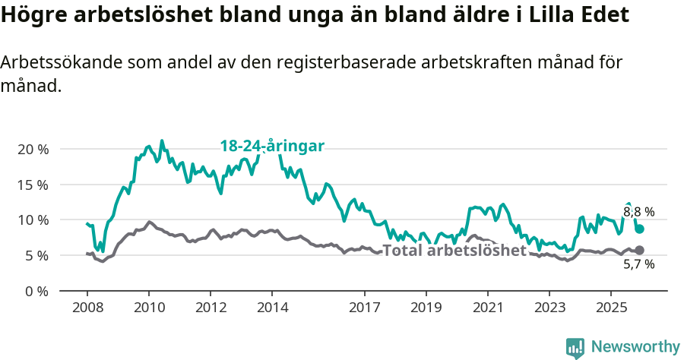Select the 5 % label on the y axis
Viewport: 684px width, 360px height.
(x=36, y=256)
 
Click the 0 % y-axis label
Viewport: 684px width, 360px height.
(x=36, y=291)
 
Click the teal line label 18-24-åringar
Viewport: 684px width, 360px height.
(x=272, y=146)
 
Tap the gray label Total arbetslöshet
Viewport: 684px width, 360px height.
(x=454, y=250)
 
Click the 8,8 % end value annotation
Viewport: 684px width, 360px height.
(x=638, y=213)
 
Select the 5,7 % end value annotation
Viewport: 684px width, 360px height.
(x=638, y=264)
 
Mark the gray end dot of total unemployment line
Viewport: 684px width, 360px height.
(x=639, y=250)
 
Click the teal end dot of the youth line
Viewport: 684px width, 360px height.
(x=640, y=229)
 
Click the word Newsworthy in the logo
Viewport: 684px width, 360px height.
(x=635, y=346)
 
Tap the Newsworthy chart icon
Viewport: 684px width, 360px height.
(x=575, y=347)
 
